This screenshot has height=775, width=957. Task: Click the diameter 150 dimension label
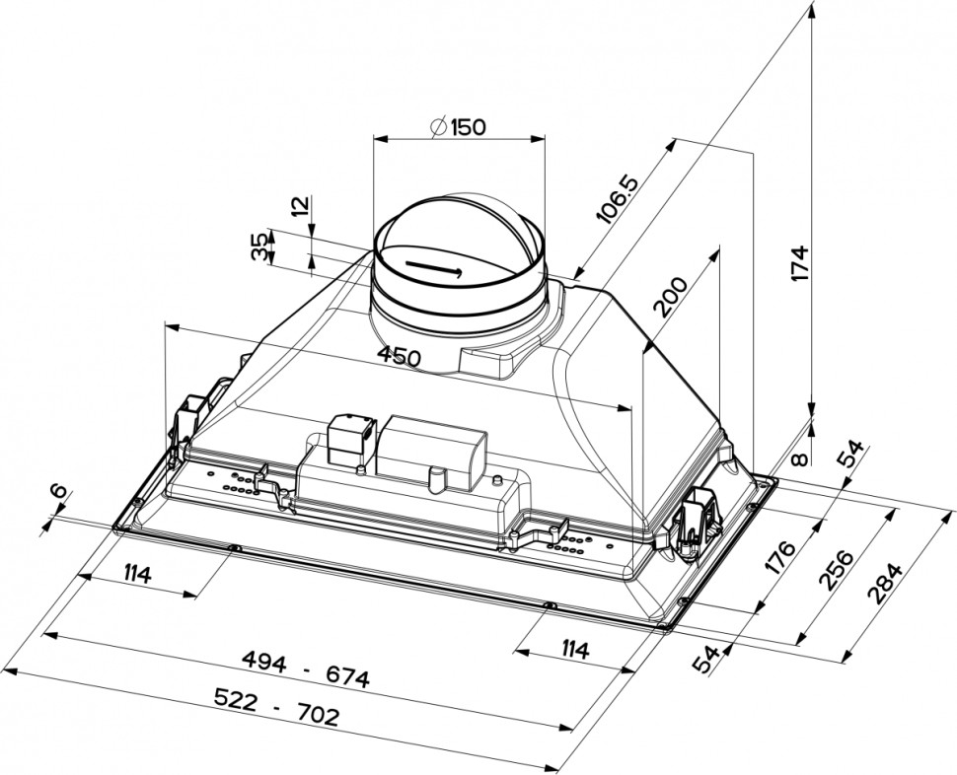[459, 127]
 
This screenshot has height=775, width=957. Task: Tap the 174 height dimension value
[799, 263]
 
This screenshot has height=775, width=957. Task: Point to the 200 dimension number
[671, 297]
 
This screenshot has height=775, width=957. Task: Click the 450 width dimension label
[400, 356]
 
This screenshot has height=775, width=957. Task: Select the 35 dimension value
[259, 247]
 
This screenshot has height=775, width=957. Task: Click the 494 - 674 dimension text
[306, 669]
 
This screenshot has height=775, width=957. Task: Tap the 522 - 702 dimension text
[276, 707]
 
